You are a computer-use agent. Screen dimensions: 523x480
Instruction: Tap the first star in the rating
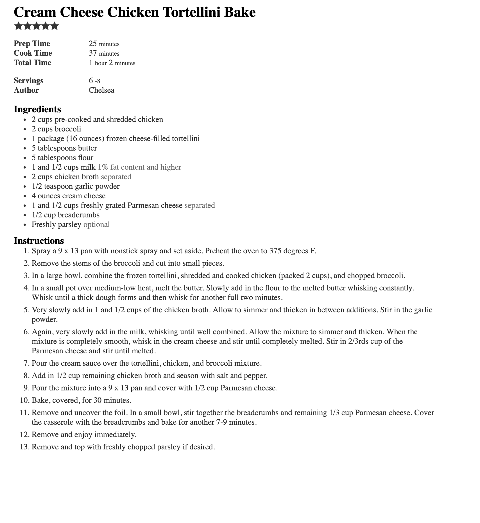(19, 26)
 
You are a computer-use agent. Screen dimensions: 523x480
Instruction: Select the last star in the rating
(55, 26)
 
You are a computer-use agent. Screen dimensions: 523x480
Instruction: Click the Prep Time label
(32, 44)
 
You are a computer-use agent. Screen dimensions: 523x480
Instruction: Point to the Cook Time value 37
(93, 53)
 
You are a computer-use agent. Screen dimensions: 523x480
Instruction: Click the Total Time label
(33, 63)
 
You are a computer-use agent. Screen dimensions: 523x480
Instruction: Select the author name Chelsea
(101, 90)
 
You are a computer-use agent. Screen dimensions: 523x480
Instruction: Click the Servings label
(29, 81)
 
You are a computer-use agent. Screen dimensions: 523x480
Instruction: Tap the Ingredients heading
(37, 109)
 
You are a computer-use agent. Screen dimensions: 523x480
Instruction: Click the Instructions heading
(39, 241)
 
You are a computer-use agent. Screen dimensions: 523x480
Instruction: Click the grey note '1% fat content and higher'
(139, 167)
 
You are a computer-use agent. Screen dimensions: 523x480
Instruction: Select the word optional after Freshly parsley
(97, 224)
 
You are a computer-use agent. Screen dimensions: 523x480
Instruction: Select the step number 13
(24, 447)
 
